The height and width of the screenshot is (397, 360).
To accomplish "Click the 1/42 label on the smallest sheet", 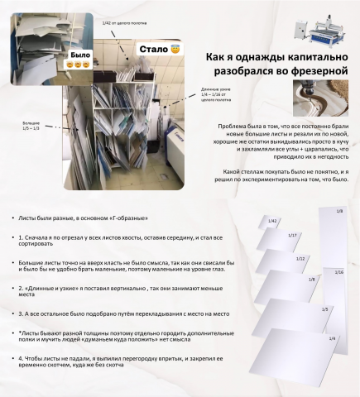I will tap(271, 220).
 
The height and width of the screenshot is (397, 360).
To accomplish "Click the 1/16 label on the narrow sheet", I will tap(339, 272).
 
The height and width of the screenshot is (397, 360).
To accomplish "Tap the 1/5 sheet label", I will tap(324, 309).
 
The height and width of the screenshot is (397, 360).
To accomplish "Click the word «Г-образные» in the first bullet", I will tap(128, 218).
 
